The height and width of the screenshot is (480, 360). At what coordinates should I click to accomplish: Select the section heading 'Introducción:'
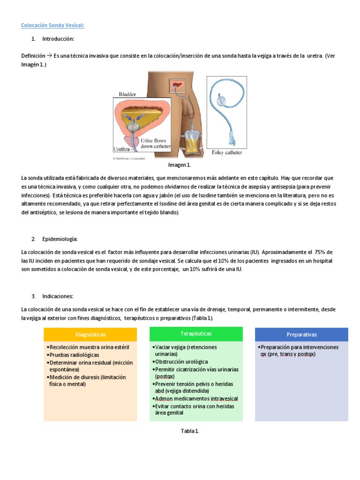click(58, 38)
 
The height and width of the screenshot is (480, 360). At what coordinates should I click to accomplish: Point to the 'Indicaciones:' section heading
click(58, 296)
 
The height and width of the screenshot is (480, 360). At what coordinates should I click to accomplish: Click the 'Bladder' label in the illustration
click(127, 94)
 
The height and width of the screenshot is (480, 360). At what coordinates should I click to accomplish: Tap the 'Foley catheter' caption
click(227, 153)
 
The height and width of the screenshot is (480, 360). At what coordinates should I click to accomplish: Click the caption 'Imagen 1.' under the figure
click(180, 165)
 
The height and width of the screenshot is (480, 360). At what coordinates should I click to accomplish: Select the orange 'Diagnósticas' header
click(90, 335)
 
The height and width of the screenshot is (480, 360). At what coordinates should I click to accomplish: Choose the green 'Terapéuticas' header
click(196, 334)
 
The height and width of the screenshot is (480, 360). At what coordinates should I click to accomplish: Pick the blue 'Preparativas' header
click(301, 335)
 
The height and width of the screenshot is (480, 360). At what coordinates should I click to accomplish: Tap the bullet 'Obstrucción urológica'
click(181, 362)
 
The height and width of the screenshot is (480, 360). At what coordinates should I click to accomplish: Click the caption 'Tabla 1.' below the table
click(190, 431)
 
